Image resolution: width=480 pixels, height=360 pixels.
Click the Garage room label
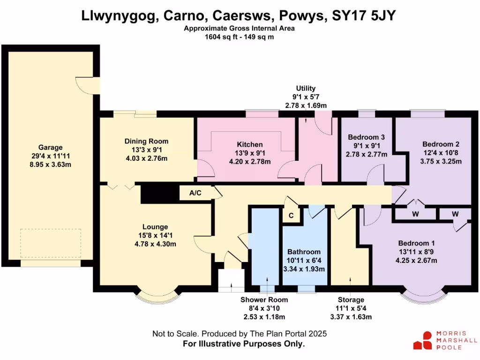[50, 147]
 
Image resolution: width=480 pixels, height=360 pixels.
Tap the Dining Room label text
[146, 141]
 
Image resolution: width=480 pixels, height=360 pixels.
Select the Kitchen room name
[249, 144]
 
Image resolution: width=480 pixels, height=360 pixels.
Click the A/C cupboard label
[195, 193]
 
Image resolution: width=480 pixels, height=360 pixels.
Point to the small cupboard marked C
[291, 216]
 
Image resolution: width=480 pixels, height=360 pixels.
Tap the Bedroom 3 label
[366, 137]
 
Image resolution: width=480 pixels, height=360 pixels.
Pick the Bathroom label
[304, 252]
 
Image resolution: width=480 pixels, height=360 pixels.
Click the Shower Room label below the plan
[264, 300]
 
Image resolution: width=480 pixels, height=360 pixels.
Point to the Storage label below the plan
[351, 300]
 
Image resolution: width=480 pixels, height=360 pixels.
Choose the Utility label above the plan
[306, 88]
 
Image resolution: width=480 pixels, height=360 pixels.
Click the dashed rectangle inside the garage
[51, 243]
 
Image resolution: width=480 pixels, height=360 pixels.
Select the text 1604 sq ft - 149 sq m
[240, 37]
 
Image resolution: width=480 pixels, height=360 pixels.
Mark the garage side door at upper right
[90, 84]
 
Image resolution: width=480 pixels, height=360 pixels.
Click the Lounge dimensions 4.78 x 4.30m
[157, 244]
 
